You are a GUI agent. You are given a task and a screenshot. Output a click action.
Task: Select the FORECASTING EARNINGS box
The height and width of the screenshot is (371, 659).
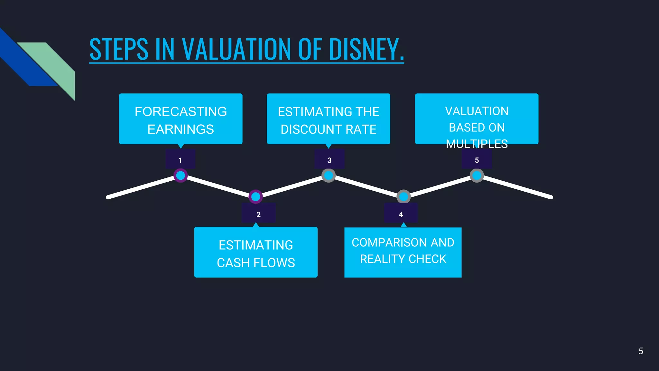pyautogui.click(x=181, y=119)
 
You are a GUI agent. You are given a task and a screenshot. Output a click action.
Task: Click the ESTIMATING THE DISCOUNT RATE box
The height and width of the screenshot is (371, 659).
pyautogui.click(x=328, y=119)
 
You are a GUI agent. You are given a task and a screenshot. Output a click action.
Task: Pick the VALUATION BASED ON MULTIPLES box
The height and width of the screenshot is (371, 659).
pyautogui.click(x=477, y=119)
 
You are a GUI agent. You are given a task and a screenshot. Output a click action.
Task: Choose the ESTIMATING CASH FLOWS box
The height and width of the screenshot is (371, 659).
pyautogui.click(x=256, y=252)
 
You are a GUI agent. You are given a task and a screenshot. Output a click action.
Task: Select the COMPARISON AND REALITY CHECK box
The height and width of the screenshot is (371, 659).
pyautogui.click(x=403, y=252)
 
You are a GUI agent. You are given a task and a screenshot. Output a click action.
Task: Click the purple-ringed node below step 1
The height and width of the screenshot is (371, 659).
pyautogui.click(x=181, y=176)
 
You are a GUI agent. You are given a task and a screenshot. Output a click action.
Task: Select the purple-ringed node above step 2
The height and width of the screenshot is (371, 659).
pyautogui.click(x=255, y=196)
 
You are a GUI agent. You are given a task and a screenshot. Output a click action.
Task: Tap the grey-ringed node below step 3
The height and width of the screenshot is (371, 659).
pyautogui.click(x=329, y=176)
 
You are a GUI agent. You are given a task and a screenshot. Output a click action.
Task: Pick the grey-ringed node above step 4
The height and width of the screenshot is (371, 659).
pyautogui.click(x=404, y=196)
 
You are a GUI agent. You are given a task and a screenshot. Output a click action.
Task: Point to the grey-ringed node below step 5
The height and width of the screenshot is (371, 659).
pyautogui.click(x=477, y=176)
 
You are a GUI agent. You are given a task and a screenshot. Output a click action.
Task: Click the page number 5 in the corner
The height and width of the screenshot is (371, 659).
pyautogui.click(x=641, y=351)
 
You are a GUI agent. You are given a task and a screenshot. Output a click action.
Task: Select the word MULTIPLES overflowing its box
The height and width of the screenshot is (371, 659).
pyautogui.click(x=477, y=144)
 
